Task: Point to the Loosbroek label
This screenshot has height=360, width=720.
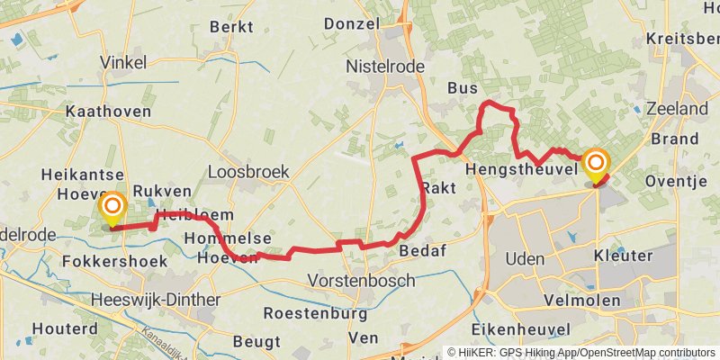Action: coord(235,171)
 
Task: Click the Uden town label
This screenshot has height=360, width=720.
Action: coord(526,258)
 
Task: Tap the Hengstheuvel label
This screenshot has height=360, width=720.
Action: coord(521,169)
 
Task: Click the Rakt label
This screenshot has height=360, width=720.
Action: coord(438,187)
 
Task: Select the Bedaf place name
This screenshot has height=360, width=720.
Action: coord(423,250)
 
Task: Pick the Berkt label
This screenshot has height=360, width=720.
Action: coord(231,26)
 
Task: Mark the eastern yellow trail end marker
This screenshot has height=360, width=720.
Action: coord(595,165)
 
